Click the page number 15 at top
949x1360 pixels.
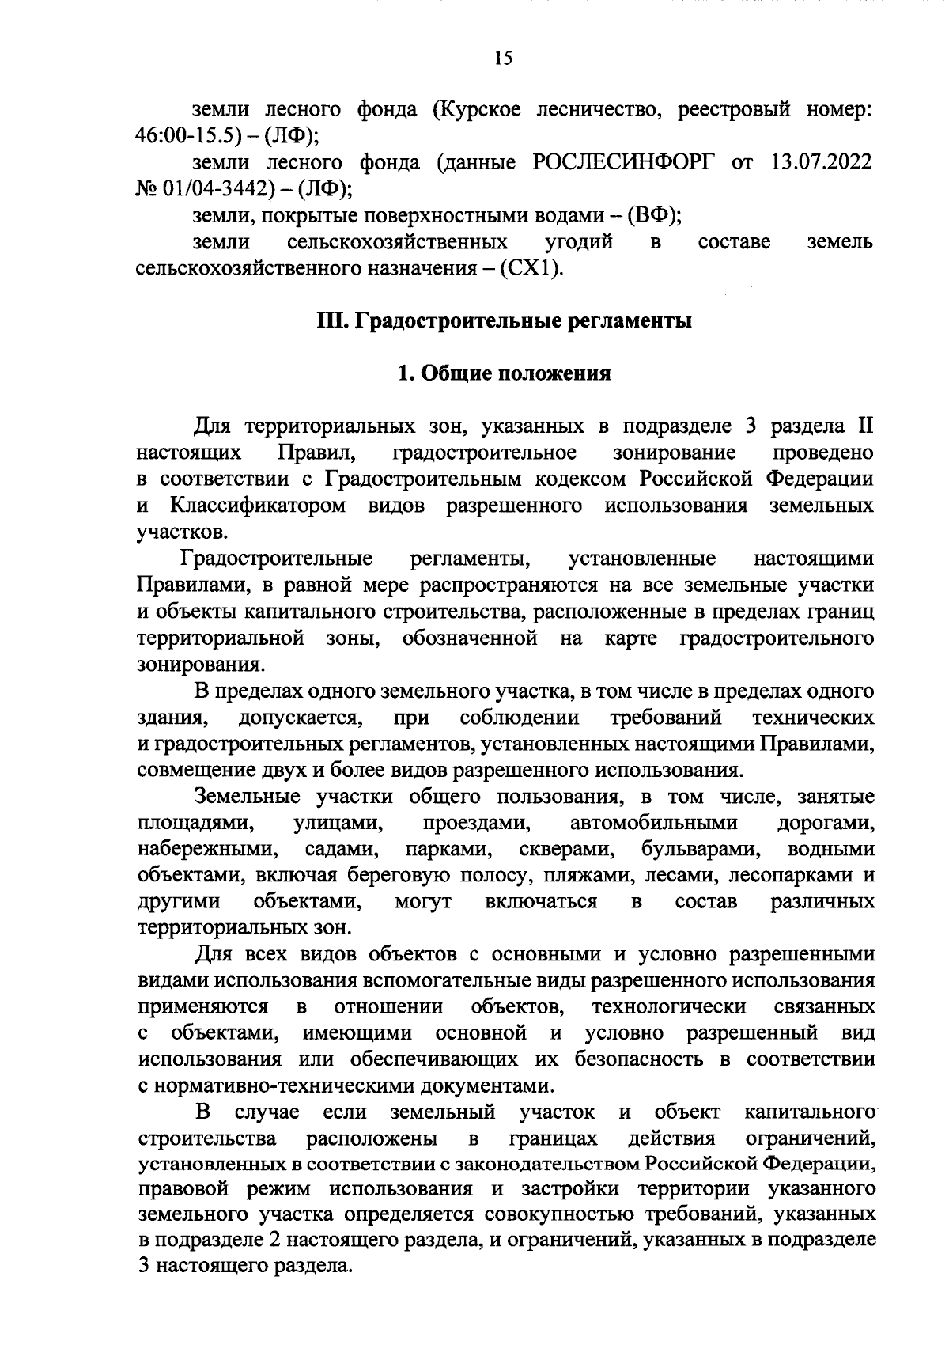coord(504,58)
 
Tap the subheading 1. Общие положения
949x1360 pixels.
coord(504,373)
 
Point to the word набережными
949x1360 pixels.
coord(207,850)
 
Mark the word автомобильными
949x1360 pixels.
coord(653,823)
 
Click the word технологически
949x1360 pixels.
coord(668,1007)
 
